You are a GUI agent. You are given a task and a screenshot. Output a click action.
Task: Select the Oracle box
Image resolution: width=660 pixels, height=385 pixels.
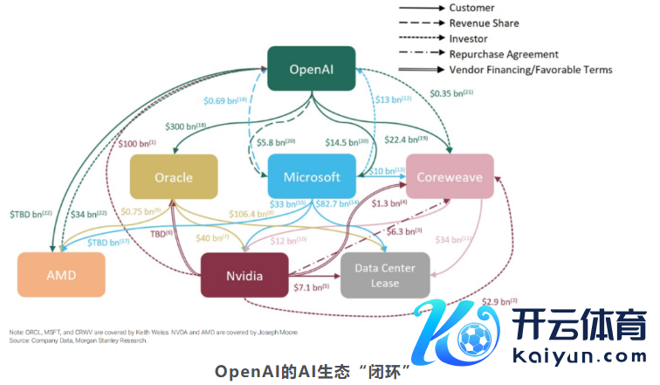174,177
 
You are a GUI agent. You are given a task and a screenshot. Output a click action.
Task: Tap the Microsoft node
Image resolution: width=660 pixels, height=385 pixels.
312,177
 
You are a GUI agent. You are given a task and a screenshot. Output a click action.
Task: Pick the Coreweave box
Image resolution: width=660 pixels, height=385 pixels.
450,177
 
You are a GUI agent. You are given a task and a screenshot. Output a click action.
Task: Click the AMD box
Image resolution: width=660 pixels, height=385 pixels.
62,275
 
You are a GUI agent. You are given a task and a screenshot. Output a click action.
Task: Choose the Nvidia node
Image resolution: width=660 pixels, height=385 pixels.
244,276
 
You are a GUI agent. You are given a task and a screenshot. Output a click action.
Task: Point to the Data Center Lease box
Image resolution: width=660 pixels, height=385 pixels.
385,276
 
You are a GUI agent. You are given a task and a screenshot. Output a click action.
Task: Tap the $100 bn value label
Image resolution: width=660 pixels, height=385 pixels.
134,143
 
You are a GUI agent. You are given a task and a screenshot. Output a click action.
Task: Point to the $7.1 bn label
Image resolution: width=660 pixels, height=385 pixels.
311,287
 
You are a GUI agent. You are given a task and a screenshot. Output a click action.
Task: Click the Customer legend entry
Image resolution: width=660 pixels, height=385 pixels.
471,9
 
